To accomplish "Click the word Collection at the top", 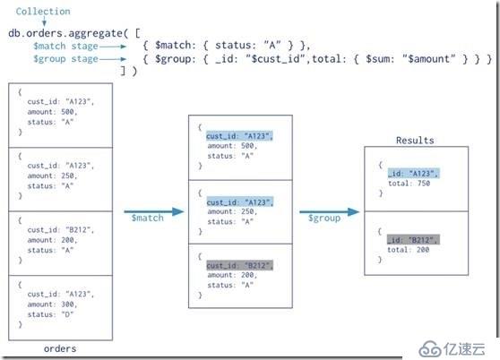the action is [43, 12].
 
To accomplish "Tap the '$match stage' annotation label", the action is [65, 47].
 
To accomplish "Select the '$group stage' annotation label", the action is [65, 59].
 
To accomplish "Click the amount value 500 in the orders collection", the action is [67, 112].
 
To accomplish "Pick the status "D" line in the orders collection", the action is [50, 314].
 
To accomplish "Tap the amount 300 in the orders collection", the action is [67, 304].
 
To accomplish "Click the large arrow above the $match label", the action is [154, 211].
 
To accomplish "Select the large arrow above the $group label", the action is [330, 211].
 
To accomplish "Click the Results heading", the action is [415, 141].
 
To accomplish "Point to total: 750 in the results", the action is [409, 184].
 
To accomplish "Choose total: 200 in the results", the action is [409, 250].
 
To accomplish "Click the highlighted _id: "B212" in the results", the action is [413, 240].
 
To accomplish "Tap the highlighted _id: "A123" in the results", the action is [414, 174].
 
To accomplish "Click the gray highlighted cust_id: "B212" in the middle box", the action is [240, 265].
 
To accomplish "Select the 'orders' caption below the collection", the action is [60, 348].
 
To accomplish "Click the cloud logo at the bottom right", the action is [429, 350].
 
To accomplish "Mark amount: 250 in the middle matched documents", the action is [232, 211].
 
